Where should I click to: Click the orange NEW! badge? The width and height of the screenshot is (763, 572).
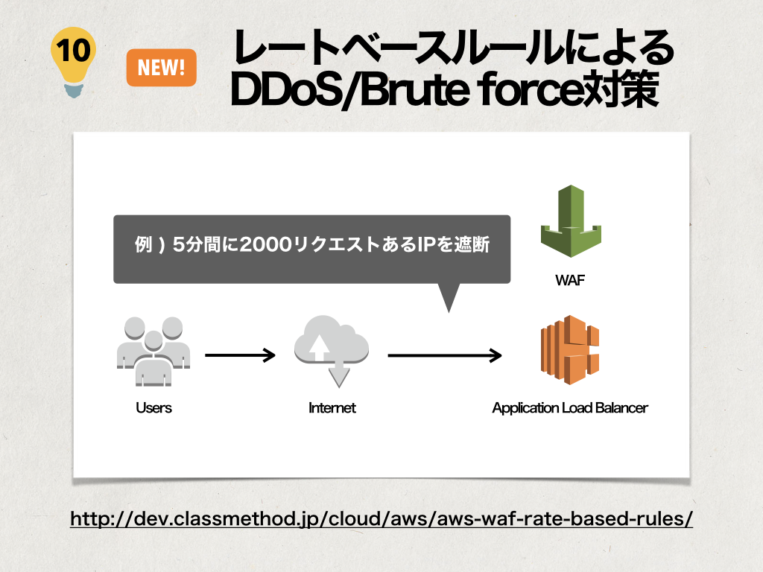click(x=161, y=68)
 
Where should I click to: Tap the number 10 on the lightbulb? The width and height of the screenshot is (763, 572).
click(x=74, y=50)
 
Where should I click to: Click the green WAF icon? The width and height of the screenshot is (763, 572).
click(x=571, y=220)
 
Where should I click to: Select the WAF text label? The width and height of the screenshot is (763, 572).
click(x=570, y=280)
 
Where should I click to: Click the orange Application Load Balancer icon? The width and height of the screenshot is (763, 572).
click(x=570, y=350)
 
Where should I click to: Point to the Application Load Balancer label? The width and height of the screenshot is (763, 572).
click(x=570, y=407)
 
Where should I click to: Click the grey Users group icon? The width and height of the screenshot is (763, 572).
click(x=153, y=352)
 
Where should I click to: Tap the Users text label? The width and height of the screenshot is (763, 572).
click(x=153, y=407)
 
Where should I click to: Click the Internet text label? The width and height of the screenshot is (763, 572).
click(x=332, y=407)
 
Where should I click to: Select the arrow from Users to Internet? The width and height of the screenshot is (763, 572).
click(x=241, y=355)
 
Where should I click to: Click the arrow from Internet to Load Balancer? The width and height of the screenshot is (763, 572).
click(x=445, y=355)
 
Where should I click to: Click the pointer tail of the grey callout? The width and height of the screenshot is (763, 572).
click(x=449, y=312)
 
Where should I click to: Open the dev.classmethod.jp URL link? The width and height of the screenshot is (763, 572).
click(x=381, y=518)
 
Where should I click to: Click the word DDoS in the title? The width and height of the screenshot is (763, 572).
click(x=285, y=89)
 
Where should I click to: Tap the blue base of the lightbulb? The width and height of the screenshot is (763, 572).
click(x=74, y=90)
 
